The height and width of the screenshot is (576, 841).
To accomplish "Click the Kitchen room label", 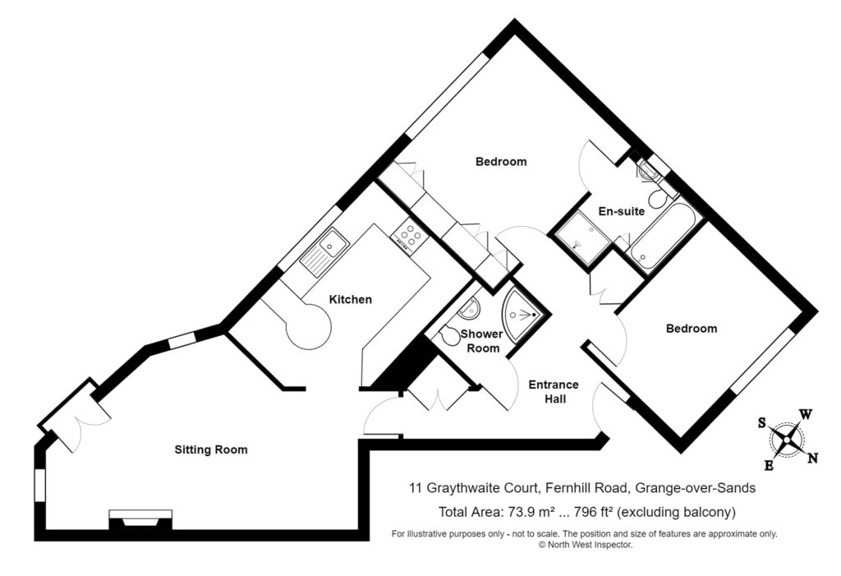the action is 350,300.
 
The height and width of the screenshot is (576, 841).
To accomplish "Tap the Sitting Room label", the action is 211,449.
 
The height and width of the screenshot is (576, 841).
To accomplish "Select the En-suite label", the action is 621,211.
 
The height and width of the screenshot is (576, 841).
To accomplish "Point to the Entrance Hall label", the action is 554,392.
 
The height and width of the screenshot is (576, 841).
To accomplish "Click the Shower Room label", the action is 482,341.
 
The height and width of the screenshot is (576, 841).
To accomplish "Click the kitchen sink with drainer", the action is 324,251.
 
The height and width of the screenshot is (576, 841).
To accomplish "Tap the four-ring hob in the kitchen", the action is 410,236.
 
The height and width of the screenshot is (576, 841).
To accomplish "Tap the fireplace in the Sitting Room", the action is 140,519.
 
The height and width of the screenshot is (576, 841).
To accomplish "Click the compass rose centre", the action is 786,440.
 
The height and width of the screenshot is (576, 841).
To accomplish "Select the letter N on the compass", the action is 812,458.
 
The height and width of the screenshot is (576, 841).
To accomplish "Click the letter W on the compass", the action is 806,414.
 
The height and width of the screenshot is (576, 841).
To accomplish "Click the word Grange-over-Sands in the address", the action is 695,488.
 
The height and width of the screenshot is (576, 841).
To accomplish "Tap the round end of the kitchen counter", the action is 309,328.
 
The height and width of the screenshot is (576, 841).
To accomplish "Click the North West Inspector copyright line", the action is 586,545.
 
